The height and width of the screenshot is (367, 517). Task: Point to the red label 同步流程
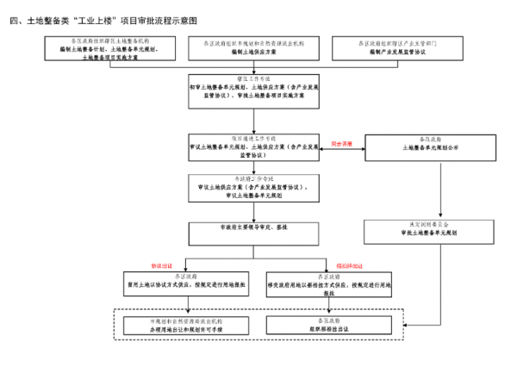click(343, 145)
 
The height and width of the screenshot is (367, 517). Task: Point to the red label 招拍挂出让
click(349, 266)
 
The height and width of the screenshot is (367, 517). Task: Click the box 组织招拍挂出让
click(328, 325)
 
